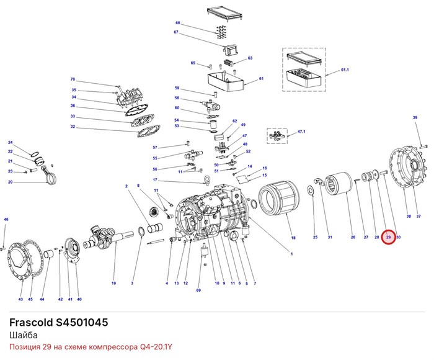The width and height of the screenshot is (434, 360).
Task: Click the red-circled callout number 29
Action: [x=388, y=237]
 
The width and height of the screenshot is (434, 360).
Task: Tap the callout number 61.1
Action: [x=345, y=70]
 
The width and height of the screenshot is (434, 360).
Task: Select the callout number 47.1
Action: [x=301, y=132]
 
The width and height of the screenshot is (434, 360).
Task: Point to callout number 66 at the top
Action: [x=178, y=23]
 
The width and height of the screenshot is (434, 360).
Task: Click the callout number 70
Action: [x=73, y=79]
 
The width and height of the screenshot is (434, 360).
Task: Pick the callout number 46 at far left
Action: [x=6, y=220]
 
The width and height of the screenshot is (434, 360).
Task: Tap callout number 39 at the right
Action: [x=415, y=117]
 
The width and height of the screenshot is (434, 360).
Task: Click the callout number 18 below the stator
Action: [x=293, y=238]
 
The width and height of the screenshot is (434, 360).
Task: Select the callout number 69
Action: [x=198, y=290]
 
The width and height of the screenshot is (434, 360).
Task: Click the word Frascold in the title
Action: [x=31, y=323]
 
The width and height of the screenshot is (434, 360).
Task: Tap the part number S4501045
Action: [x=82, y=323]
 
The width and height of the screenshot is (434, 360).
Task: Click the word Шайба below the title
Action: [x=24, y=335]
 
